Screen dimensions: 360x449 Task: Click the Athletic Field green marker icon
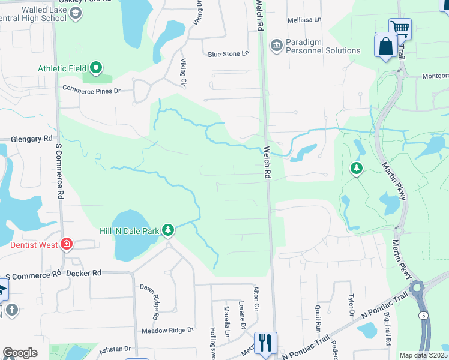(95, 68)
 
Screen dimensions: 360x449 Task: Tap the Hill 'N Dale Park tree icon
(169, 230)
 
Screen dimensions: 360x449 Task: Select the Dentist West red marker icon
(67, 244)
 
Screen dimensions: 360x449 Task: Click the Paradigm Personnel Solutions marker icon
(276, 44)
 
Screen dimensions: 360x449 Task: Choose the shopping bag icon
(385, 46)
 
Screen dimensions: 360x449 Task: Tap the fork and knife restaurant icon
(265, 343)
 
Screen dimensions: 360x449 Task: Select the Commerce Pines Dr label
(92, 90)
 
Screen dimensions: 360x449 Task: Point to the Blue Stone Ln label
(228, 54)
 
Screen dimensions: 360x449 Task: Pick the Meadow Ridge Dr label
(168, 330)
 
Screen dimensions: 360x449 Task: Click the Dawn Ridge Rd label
(149, 301)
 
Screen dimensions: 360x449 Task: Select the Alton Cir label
(256, 298)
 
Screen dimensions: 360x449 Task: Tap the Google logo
(20, 353)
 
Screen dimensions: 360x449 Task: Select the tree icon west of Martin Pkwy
(357, 168)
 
